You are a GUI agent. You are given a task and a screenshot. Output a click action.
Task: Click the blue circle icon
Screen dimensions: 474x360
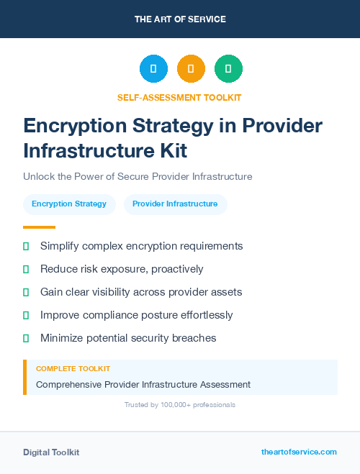153,69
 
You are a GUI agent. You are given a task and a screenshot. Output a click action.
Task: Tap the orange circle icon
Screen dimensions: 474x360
191,69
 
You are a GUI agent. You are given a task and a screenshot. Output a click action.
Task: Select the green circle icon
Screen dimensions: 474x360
228,69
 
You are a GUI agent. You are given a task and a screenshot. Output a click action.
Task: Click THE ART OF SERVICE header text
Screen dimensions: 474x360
180,19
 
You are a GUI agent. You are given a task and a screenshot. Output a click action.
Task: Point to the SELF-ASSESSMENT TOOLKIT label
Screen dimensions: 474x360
179,97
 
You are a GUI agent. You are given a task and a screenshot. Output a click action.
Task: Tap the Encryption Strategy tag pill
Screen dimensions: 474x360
69,204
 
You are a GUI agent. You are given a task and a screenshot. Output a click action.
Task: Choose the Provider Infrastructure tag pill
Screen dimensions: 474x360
175,204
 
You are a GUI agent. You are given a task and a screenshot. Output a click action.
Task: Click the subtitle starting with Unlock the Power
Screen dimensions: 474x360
138,176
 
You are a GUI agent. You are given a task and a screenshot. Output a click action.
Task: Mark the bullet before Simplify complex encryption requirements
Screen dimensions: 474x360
26,246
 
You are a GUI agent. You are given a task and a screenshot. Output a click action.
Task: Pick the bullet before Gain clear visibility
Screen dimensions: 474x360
26,292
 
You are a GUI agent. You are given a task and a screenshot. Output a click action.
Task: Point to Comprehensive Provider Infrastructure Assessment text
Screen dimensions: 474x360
143,385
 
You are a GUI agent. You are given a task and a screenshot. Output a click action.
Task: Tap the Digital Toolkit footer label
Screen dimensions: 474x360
51,452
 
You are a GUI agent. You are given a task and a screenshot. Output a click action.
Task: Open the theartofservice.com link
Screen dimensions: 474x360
299,452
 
